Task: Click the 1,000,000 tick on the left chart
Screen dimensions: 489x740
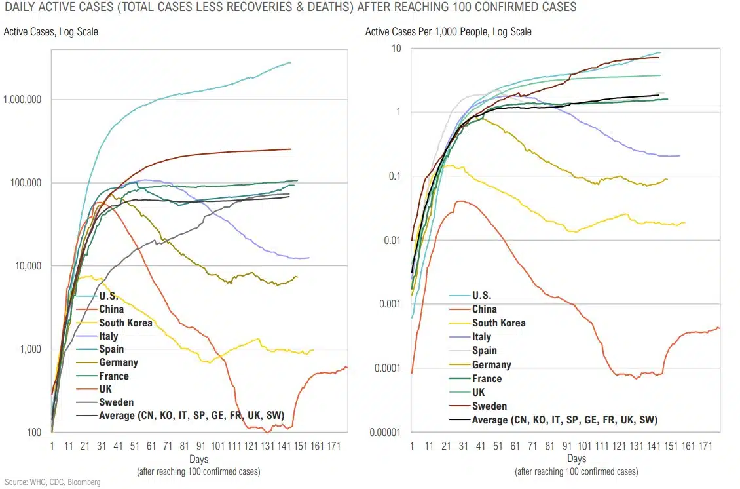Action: (x=24, y=100)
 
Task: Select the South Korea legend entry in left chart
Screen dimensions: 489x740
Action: (x=125, y=323)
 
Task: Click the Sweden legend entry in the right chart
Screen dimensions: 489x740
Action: (x=489, y=406)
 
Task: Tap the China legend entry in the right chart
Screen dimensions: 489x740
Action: (x=484, y=309)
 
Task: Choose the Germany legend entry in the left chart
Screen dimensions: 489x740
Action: (x=119, y=362)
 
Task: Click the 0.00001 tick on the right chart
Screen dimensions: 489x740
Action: (x=386, y=432)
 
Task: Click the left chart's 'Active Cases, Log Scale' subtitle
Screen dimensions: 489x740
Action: (x=51, y=31)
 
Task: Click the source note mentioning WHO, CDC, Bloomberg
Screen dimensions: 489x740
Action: (x=51, y=482)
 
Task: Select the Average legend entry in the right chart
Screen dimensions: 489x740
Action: (x=564, y=420)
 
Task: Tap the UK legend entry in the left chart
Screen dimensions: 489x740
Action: (x=105, y=389)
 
